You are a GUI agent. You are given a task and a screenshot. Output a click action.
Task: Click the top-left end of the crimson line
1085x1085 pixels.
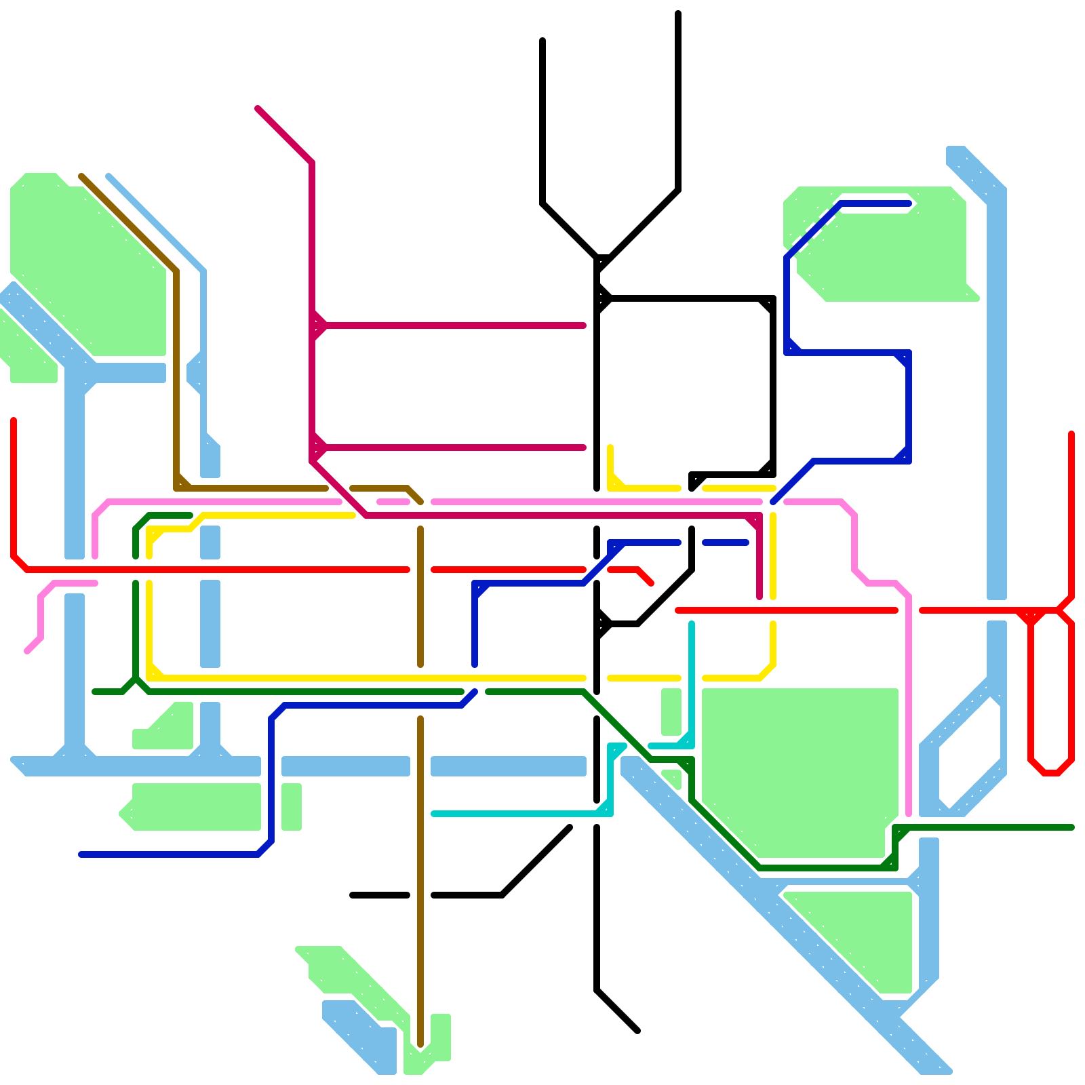click(258, 109)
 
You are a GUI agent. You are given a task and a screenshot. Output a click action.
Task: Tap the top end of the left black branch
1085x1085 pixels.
click(542, 41)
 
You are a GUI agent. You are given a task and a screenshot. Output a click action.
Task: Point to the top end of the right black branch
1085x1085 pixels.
click(678, 14)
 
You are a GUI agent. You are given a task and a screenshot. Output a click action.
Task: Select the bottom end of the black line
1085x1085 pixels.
click(637, 1031)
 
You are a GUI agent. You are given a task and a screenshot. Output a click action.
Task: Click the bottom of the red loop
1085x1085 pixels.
click(1050, 772)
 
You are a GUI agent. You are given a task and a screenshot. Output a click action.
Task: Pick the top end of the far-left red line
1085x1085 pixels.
click(14, 420)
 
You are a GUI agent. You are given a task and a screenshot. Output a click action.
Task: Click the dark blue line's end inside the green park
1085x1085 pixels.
click(909, 203)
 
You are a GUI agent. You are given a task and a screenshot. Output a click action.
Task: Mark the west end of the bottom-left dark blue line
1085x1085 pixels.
click(81, 854)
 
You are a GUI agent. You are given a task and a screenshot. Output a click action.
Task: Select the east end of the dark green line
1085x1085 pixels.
click(1071, 827)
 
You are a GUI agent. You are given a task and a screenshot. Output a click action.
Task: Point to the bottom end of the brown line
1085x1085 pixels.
click(420, 1044)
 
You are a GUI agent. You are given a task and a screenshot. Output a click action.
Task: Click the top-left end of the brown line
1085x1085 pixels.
click(81, 177)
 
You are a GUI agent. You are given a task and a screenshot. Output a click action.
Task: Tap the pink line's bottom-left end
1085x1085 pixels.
click(28, 651)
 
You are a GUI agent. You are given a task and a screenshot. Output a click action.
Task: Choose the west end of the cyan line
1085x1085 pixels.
click(434, 814)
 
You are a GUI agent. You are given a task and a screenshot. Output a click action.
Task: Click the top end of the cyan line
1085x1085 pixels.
click(692, 624)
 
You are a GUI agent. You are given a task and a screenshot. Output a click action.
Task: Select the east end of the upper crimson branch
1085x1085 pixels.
click(583, 325)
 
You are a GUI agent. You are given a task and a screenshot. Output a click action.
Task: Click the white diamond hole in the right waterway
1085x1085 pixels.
click(970, 753)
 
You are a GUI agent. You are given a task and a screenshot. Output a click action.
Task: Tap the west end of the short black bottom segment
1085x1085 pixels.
click(353, 895)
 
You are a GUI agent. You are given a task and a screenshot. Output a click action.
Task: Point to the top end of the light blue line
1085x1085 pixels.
click(108, 177)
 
